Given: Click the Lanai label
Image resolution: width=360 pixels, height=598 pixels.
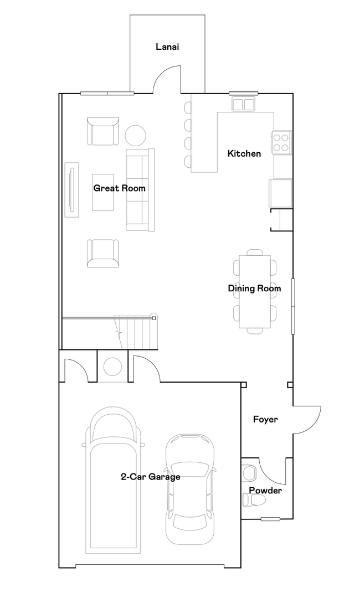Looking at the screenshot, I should [x=167, y=47].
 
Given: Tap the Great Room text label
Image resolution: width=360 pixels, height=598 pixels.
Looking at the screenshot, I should [x=119, y=188].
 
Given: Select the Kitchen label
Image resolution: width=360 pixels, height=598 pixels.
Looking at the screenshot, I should [x=244, y=153].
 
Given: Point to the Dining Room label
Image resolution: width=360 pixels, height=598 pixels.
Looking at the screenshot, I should [x=254, y=288].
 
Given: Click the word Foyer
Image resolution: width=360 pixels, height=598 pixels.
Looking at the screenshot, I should [x=265, y=419].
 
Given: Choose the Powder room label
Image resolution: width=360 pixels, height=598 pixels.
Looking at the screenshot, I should [x=265, y=491].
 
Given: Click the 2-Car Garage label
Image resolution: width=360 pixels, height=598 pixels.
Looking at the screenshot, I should [x=150, y=477].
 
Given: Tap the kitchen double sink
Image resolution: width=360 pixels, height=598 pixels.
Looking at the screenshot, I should [x=243, y=104].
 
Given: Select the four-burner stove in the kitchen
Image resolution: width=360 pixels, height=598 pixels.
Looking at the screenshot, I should [x=281, y=142].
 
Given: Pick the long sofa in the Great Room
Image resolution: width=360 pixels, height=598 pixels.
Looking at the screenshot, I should [x=141, y=189].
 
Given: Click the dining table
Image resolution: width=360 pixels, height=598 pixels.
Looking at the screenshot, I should [x=255, y=291].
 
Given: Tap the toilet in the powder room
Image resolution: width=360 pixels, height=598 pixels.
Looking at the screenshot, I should [x=255, y=501].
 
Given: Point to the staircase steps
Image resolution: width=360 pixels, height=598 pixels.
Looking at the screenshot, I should [x=136, y=332].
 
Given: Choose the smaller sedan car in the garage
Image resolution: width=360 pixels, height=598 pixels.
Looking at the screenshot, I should [x=189, y=487].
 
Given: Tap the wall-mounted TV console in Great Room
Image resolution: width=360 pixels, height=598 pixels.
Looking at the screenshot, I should [x=72, y=188].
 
